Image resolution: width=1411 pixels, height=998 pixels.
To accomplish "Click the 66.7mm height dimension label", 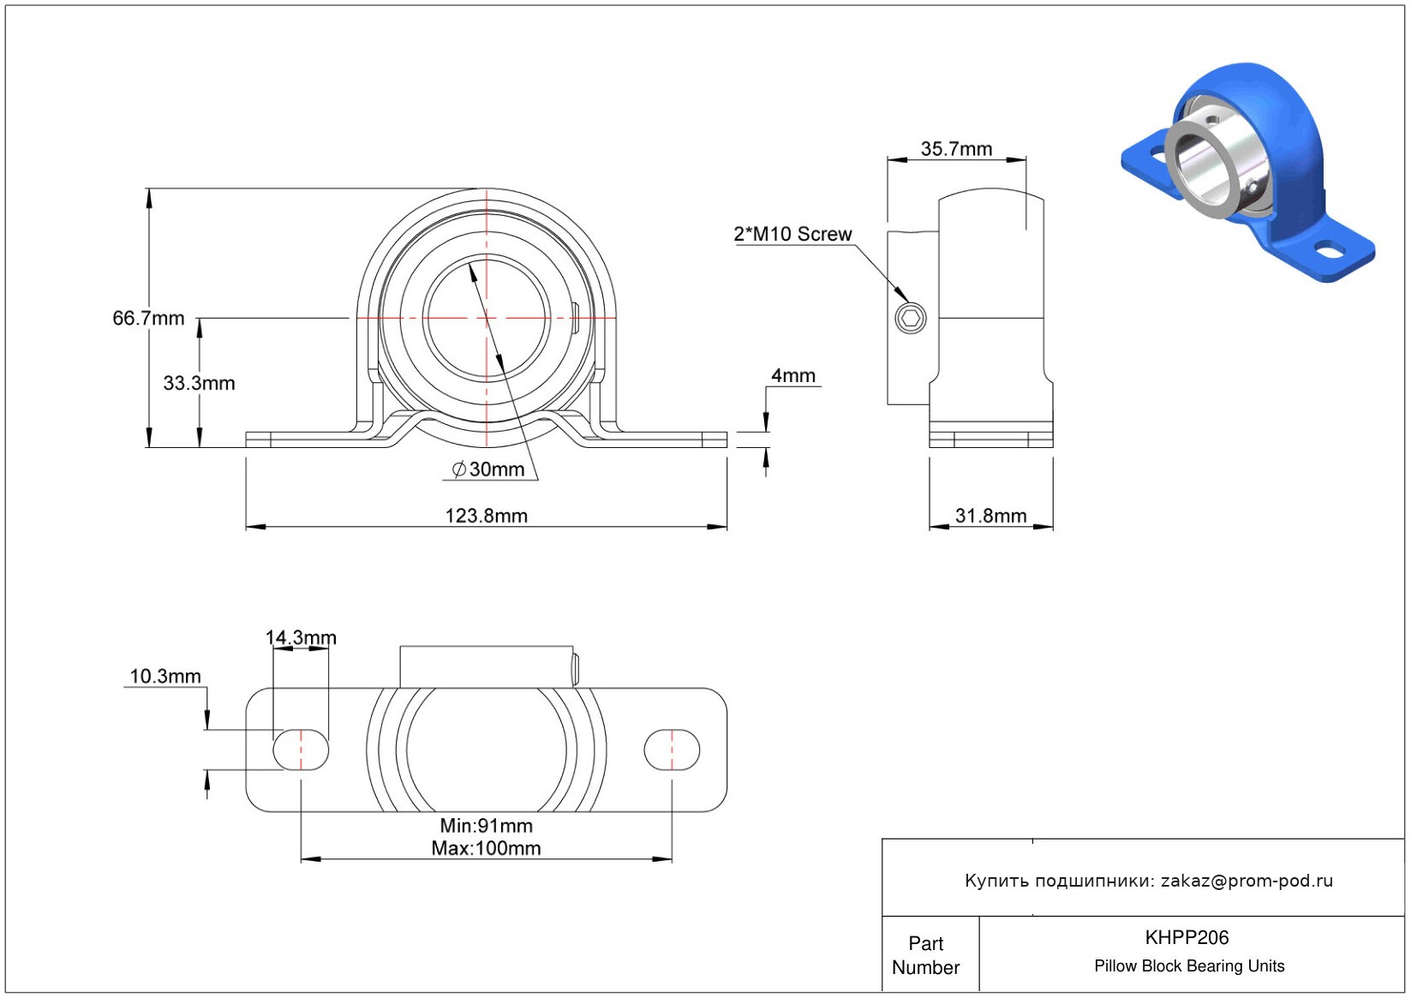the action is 148,318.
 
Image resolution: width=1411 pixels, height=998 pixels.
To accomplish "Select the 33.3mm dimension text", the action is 199,383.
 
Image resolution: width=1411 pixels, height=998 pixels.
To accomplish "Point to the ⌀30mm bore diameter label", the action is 488,469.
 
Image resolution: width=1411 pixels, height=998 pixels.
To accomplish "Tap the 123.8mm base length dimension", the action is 487,516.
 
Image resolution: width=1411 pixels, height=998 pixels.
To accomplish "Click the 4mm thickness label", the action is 793,375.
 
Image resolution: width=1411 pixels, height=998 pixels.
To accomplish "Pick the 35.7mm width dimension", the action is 956,149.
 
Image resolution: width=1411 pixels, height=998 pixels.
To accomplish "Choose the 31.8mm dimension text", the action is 991,516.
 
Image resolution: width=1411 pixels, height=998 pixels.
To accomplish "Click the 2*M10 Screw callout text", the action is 792,234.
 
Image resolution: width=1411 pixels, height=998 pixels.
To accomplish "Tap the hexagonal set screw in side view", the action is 910,318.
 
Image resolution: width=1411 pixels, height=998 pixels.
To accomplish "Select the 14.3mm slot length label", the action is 301,637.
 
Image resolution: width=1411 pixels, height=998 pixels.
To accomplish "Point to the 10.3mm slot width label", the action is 165,676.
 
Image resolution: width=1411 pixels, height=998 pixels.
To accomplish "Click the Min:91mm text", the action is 486,825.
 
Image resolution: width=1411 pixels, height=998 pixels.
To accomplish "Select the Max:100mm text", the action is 486,848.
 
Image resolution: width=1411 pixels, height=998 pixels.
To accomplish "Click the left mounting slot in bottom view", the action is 301,750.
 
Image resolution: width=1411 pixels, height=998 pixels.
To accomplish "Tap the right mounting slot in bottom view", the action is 672,750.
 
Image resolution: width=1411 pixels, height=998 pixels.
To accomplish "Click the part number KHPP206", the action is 1187,937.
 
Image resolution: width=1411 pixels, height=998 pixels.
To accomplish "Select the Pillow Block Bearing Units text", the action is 1188,965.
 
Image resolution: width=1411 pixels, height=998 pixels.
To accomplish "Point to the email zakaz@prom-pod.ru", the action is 1247,881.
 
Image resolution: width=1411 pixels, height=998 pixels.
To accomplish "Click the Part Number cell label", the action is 925,955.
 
